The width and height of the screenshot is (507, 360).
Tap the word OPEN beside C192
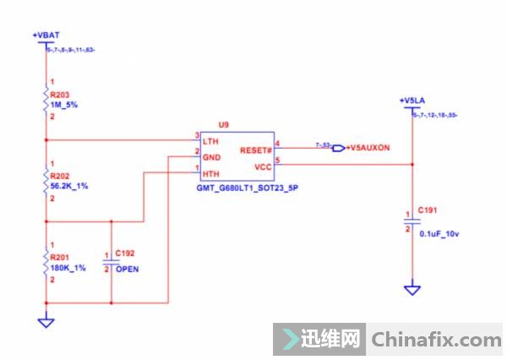click(x=128, y=269)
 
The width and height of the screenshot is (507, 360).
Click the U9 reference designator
click(x=223, y=124)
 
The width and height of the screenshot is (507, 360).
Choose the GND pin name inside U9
click(x=210, y=155)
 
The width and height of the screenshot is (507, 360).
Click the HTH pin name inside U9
click(x=210, y=172)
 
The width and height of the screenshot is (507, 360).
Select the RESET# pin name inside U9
click(x=256, y=150)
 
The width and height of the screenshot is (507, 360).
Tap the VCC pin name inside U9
click(x=262, y=165)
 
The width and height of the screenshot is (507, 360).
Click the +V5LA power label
click(x=411, y=101)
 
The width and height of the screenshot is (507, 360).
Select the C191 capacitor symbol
click(x=412, y=221)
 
